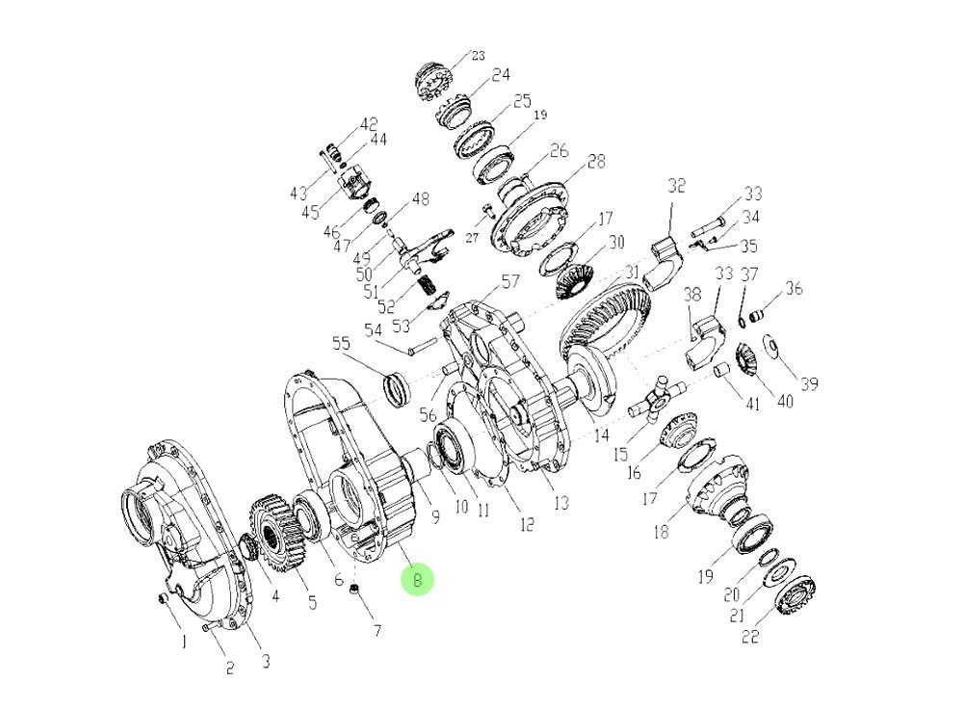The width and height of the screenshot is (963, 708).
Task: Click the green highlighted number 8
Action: click(418, 580)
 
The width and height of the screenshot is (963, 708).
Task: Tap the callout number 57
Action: click(510, 282)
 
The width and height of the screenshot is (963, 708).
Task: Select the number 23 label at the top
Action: click(478, 56)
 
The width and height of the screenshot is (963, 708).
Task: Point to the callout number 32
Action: click(676, 186)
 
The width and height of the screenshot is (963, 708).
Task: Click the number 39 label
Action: click(810, 384)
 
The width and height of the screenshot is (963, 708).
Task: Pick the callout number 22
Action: click(750, 636)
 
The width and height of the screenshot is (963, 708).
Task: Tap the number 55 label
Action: click(342, 343)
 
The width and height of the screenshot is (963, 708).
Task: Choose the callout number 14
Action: click(601, 435)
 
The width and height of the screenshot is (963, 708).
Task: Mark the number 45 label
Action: click(311, 213)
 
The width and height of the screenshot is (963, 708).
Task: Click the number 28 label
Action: click(596, 162)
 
